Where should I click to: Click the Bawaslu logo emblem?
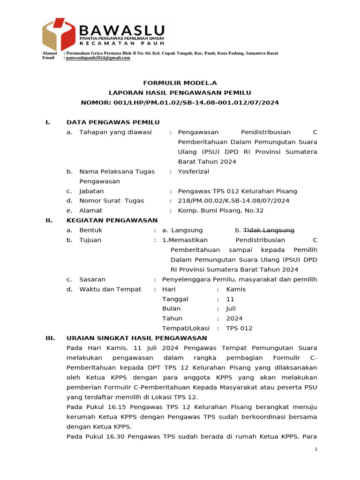pos(59,34)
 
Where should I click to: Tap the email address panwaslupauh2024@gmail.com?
pos(98,58)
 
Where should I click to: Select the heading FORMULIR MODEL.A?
pos(180,82)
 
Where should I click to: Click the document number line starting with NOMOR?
pos(180,102)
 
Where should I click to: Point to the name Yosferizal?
pos(193,172)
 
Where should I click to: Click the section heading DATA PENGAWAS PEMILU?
pos(113,122)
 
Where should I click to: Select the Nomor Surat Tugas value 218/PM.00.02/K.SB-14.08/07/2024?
pos(233,201)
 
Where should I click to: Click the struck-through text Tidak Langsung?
pos(268,230)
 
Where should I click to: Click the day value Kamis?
pos(236,289)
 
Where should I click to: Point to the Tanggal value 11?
pos(230,299)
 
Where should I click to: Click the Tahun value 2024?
pos(234,319)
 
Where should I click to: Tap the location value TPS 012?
pos(239,329)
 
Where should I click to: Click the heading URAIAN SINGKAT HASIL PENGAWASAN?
pos(136,338)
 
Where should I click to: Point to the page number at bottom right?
pos(316,449)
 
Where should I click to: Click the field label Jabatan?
pos(91,191)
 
